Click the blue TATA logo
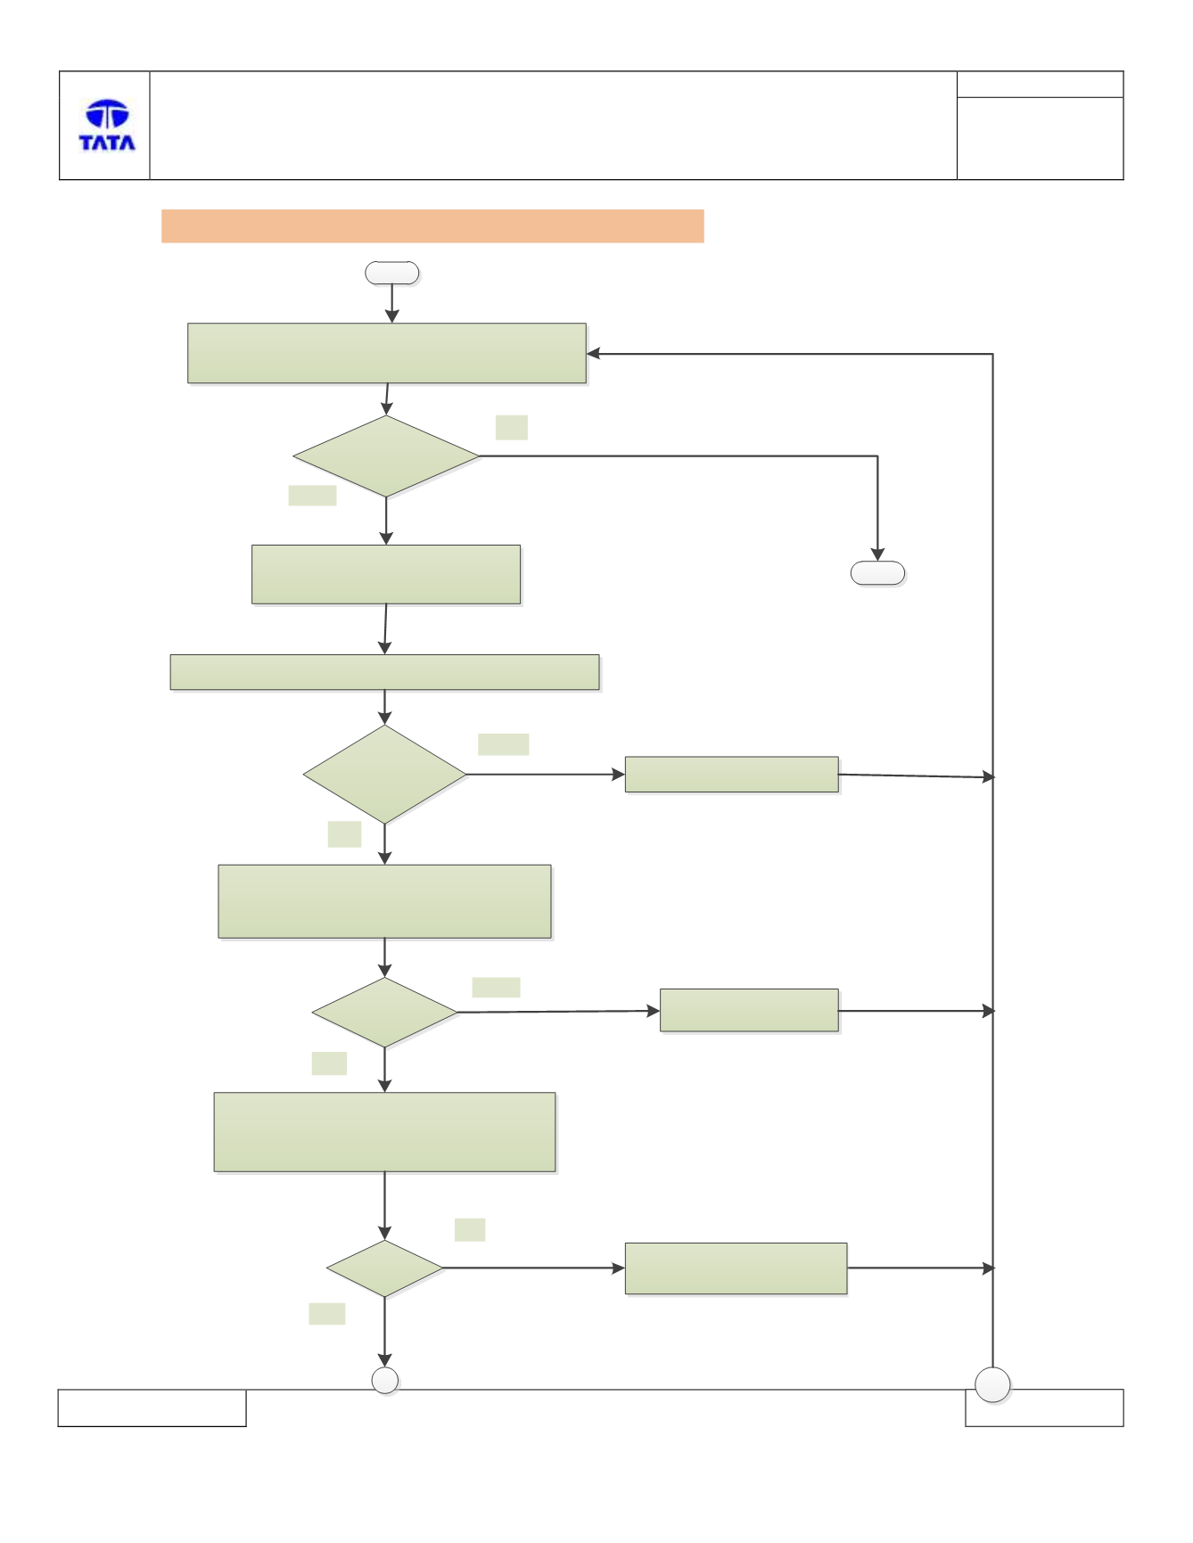(107, 125)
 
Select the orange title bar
(432, 226)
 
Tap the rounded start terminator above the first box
(392, 273)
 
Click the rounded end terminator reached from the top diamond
(878, 573)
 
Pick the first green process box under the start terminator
(387, 353)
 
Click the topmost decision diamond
(386, 456)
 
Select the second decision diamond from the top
(384, 774)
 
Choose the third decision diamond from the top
(384, 1012)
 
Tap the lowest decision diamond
(384, 1268)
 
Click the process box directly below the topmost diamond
(386, 574)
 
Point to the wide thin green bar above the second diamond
(384, 672)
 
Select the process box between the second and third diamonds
(384, 901)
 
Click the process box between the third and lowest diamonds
(384, 1132)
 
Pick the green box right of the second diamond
(732, 774)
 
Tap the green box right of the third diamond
(749, 1010)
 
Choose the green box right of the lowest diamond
(736, 1268)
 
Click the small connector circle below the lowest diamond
(384, 1380)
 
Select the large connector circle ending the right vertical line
(992, 1385)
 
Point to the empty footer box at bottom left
(152, 1408)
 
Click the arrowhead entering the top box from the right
(593, 354)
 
